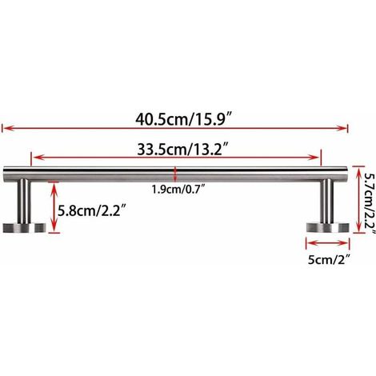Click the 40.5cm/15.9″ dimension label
click(183, 119)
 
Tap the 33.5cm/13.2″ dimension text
click(183, 150)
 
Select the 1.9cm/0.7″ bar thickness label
click(178, 190)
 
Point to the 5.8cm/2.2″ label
click(92, 211)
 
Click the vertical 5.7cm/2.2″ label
click(370, 202)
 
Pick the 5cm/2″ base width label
click(329, 259)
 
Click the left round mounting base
click(25, 227)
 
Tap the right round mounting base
click(327, 227)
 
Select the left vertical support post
click(24, 201)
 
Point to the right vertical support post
click(326, 201)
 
